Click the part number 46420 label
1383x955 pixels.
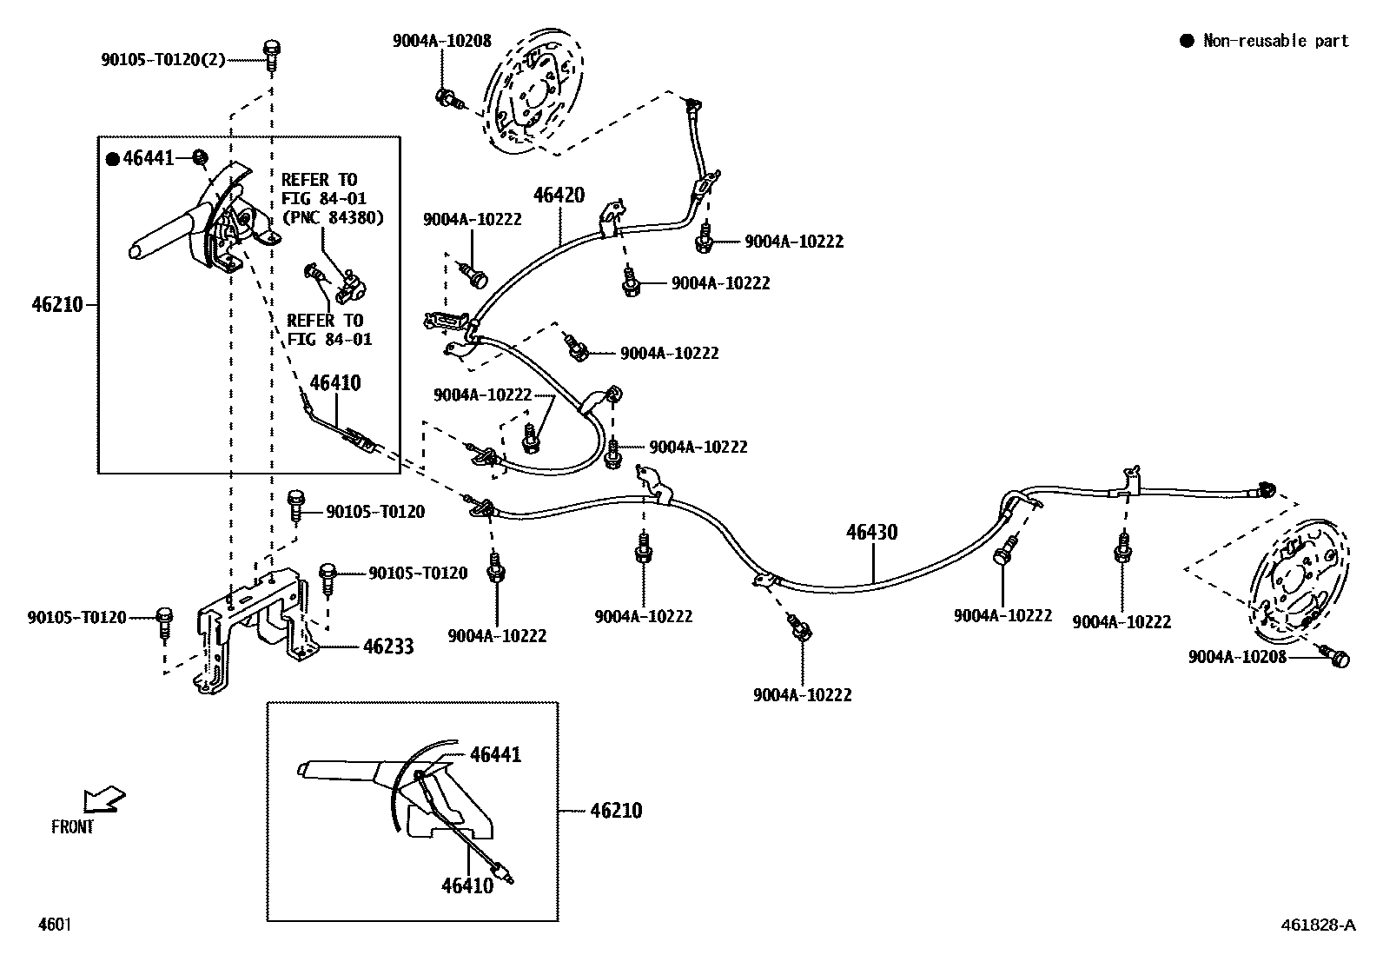[x=559, y=196]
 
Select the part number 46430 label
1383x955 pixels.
[x=872, y=532]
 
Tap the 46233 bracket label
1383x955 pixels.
[x=388, y=647]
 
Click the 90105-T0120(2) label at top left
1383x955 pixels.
[x=163, y=60]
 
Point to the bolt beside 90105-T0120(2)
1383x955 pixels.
[x=271, y=51]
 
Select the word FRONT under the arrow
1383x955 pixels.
[x=72, y=827]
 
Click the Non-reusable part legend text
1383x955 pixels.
[x=1275, y=41]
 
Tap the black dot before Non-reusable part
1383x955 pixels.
[x=1186, y=41]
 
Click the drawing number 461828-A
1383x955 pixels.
[x=1316, y=925]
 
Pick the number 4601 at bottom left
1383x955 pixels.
[x=54, y=925]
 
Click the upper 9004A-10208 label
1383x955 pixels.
[x=441, y=41]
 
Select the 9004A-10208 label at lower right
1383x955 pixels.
[x=1237, y=658]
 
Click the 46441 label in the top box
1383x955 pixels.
[x=149, y=158]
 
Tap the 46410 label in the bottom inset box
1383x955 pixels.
[x=467, y=885]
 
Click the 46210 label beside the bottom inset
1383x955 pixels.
[x=616, y=811]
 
